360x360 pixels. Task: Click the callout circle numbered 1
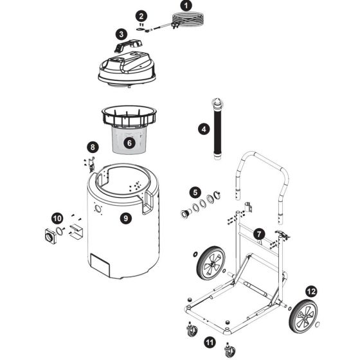coord(187,5)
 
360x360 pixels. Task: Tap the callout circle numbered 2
coord(142,15)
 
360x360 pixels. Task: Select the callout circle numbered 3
coord(121,33)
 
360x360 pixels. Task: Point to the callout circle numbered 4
coord(203,129)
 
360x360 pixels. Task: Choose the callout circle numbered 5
coord(194,192)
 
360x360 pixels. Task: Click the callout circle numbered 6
coord(129,143)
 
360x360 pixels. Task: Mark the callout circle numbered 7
coord(258,234)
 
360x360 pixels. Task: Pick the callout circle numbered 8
coord(93,147)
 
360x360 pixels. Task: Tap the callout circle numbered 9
coord(126,218)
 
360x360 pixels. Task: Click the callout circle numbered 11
coord(209,341)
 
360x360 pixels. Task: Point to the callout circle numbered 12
coord(310,291)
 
